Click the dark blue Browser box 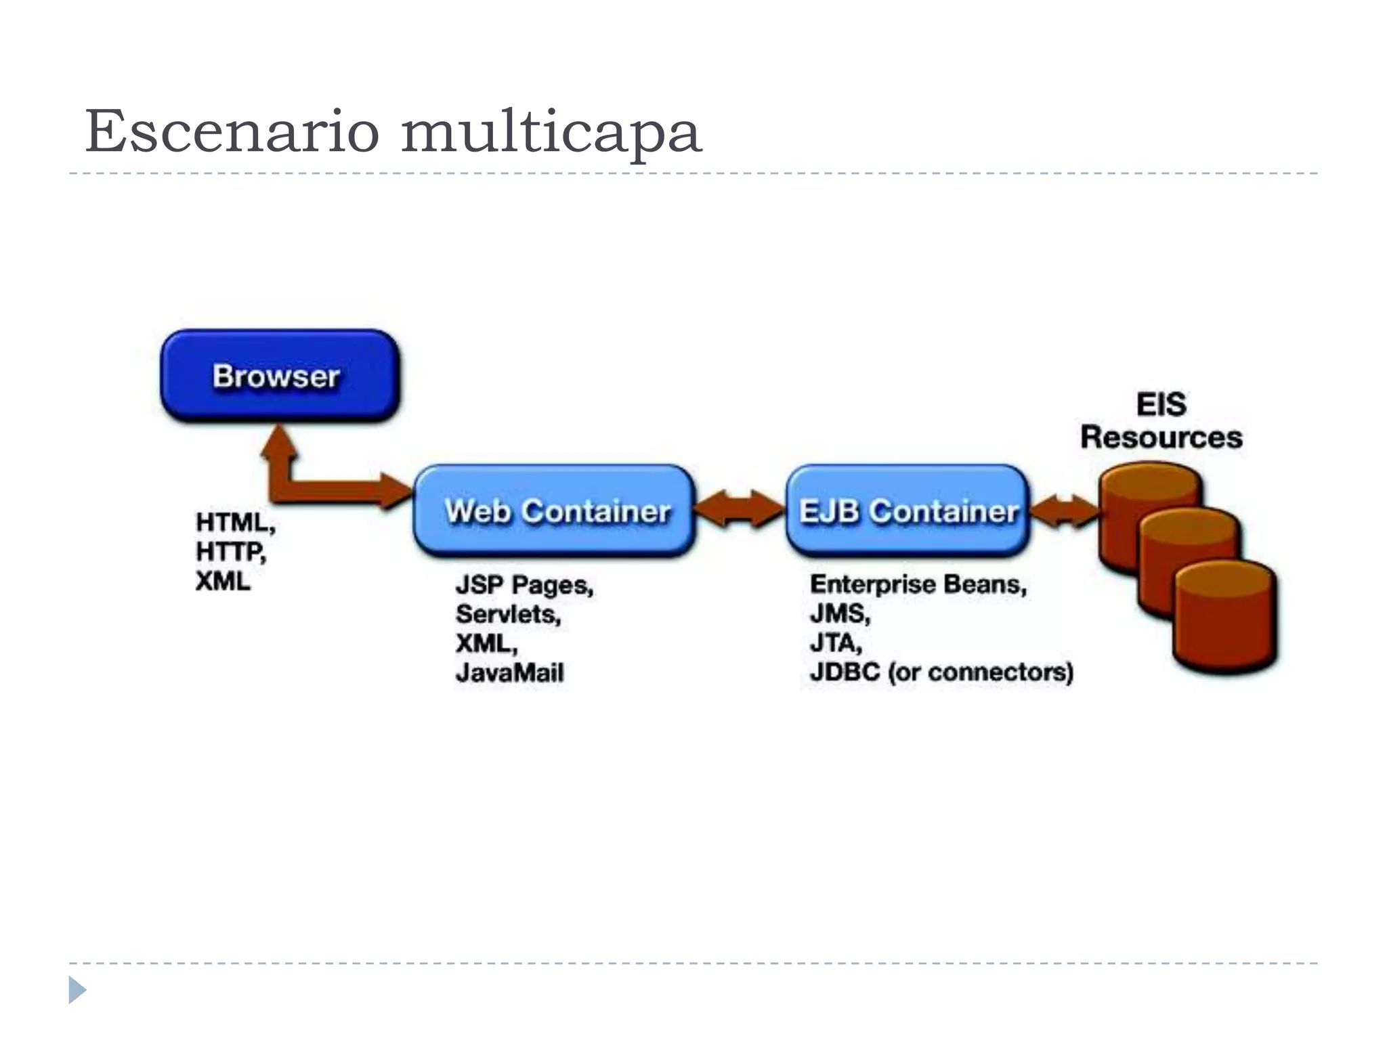pyautogui.click(x=280, y=376)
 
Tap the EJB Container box pyautogui.click(x=908, y=511)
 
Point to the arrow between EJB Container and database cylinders pyautogui.click(x=1065, y=511)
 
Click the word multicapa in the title pyautogui.click(x=551, y=133)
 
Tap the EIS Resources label pyautogui.click(x=1161, y=420)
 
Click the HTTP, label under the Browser pyautogui.click(x=231, y=552)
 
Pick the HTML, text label pyautogui.click(x=235, y=522)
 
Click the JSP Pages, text pyautogui.click(x=524, y=585)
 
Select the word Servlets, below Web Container pyautogui.click(x=508, y=614)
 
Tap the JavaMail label pyautogui.click(x=509, y=672)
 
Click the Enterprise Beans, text pyautogui.click(x=918, y=584)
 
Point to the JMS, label pyautogui.click(x=840, y=613)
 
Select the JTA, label pyautogui.click(x=836, y=643)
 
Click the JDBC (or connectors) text pyautogui.click(x=941, y=672)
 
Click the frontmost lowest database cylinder pyautogui.click(x=1224, y=620)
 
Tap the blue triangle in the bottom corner pyautogui.click(x=77, y=990)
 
